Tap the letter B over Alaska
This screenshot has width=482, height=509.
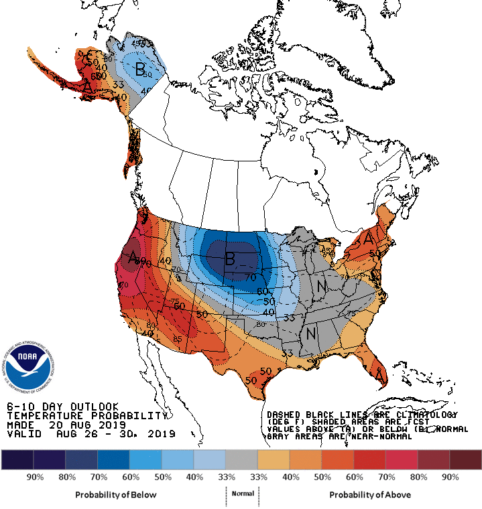coord(140,68)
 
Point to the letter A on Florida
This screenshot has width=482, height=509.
coord(379,379)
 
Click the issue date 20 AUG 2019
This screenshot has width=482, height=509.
coord(87,425)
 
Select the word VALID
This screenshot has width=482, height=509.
coord(21,434)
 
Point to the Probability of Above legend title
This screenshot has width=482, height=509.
coord(370,494)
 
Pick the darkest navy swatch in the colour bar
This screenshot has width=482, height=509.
coord(17,459)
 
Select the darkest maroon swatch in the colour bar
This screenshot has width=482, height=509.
coord(465,459)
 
